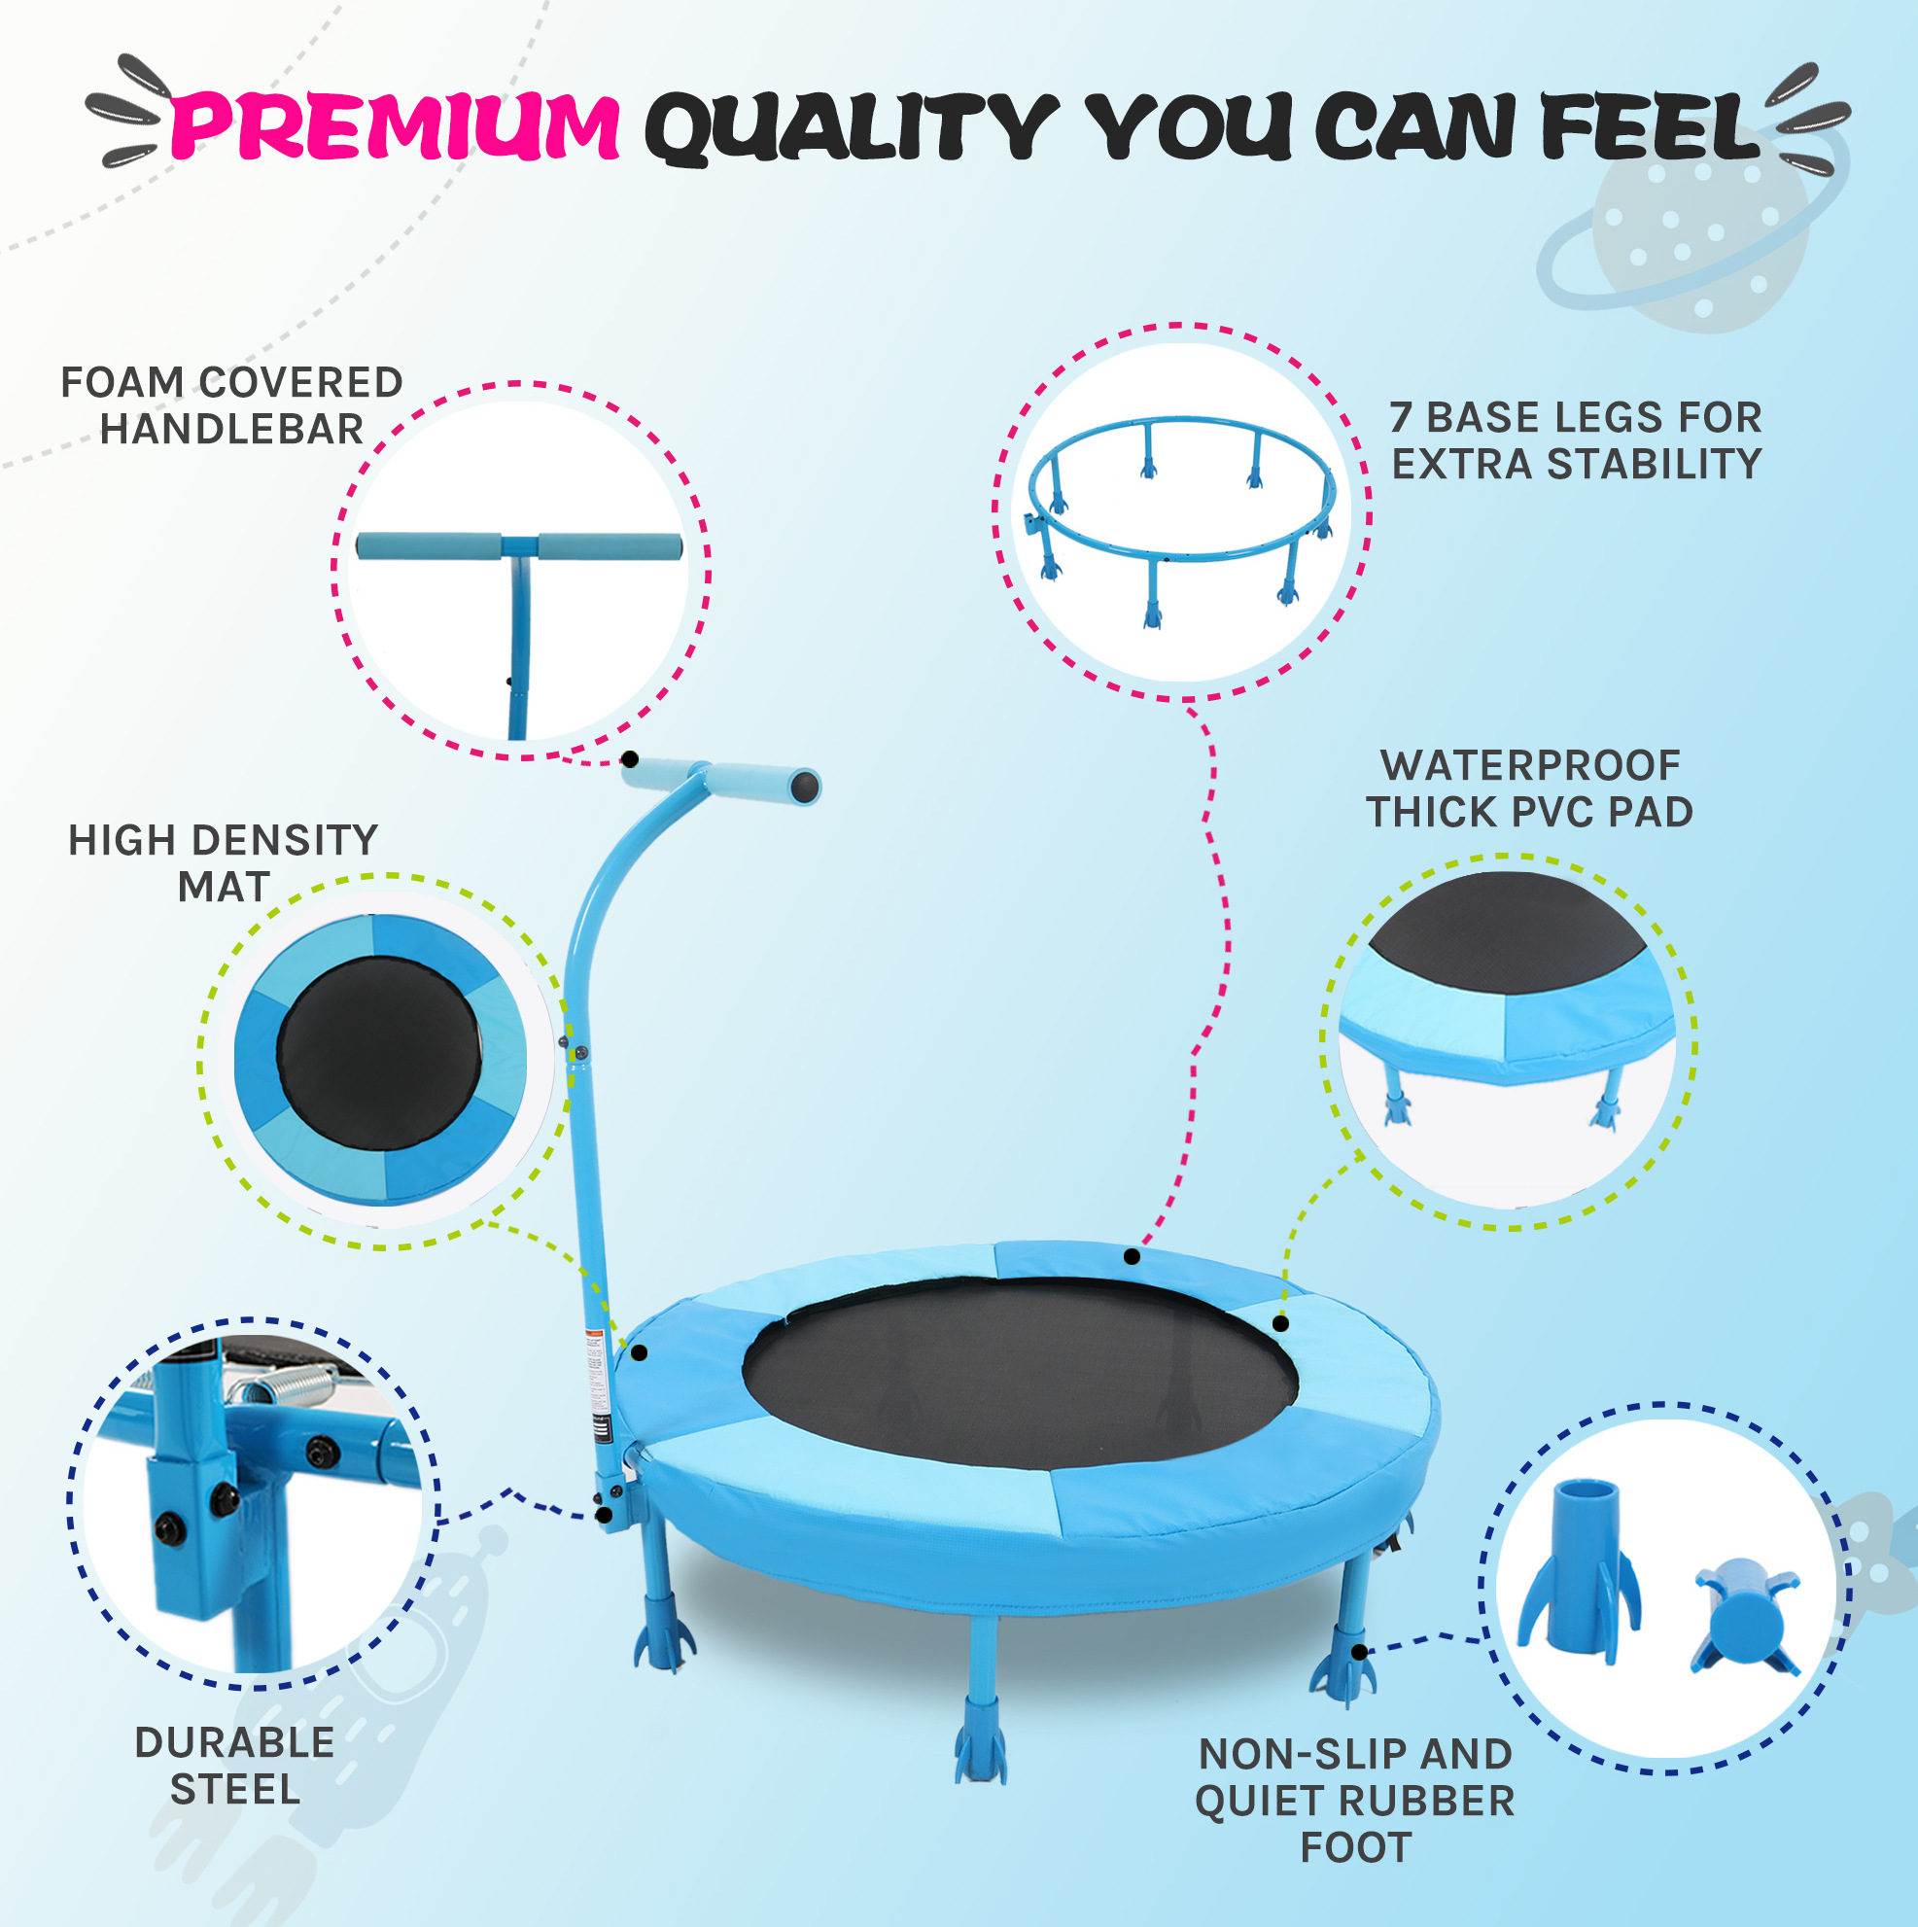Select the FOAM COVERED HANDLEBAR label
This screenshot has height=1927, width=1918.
231,406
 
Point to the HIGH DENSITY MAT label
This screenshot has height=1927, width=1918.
224,862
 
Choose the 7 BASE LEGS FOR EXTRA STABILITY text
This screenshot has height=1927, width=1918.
1576,440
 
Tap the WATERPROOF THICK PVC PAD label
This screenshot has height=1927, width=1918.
1530,788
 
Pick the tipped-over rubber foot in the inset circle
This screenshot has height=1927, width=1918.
1744,1617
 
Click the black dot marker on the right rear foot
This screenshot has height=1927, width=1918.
1358,1652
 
